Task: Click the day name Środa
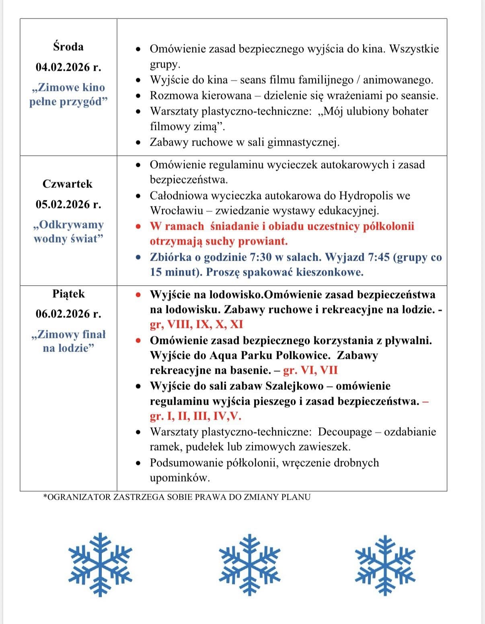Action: (68, 47)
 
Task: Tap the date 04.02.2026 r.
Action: (68, 67)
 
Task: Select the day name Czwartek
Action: (68, 184)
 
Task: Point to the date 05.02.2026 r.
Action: (68, 204)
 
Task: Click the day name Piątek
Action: (68, 294)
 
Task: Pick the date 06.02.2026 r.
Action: (68, 314)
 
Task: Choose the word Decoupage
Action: (345, 432)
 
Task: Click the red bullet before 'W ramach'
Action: (138, 227)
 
